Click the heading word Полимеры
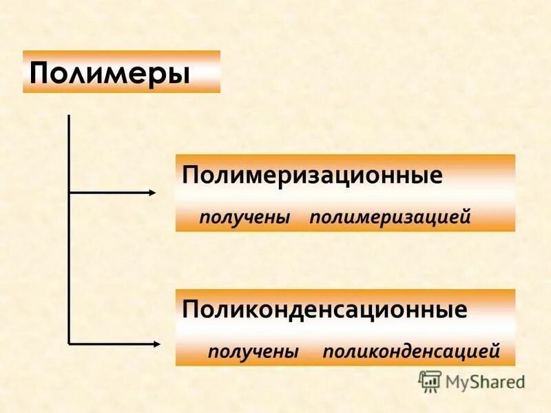point(110,72)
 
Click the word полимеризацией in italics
point(390,218)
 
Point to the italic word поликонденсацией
point(411,352)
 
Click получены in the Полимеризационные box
point(245,218)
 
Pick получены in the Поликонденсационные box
point(253,352)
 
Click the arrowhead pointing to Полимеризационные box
point(153,193)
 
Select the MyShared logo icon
point(430,381)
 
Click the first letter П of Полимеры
point(39,72)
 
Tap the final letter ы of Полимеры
point(179,73)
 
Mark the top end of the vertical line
point(69,116)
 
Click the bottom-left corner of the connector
point(69,343)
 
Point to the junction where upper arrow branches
point(69,193)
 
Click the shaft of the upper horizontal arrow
point(110,193)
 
